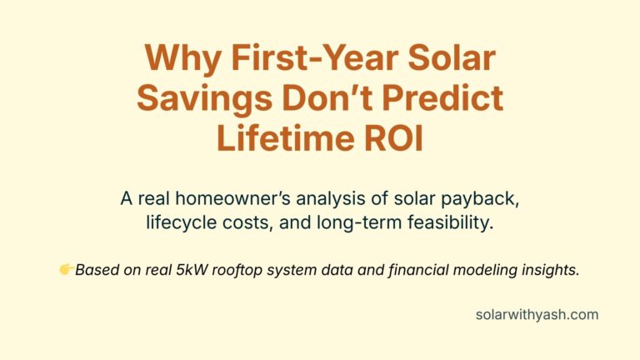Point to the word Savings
click(201, 99)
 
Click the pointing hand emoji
click(67, 269)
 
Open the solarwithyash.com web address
click(537, 315)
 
